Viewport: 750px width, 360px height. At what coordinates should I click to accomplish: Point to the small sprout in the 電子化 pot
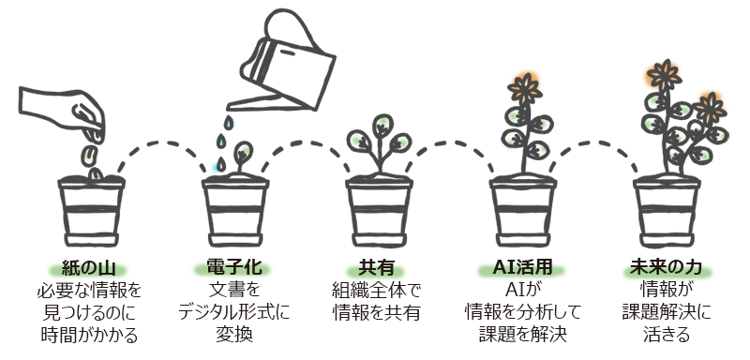tap(241, 156)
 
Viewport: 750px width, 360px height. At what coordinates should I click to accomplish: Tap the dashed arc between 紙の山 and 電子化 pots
tap(159, 150)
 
